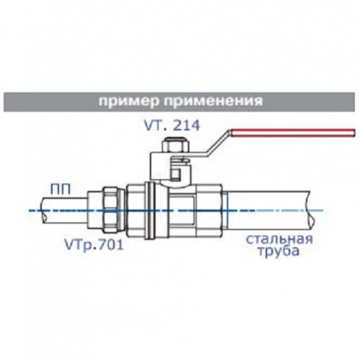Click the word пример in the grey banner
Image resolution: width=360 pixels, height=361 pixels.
(129, 102)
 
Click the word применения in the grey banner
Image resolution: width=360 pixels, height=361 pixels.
(214, 101)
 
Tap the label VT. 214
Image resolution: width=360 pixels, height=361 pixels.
(172, 126)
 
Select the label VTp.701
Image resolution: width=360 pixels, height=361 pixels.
(94, 245)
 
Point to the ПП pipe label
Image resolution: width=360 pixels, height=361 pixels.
(61, 189)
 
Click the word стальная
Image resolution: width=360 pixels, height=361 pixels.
(279, 240)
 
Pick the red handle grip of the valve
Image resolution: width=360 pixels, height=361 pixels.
(293, 133)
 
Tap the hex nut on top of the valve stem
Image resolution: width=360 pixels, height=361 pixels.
(175, 146)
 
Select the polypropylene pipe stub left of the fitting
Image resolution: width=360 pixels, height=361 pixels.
(63, 211)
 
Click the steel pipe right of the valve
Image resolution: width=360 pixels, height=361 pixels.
(268, 211)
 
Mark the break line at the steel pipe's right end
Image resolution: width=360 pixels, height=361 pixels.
(312, 211)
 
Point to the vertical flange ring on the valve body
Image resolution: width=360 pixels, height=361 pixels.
(150, 211)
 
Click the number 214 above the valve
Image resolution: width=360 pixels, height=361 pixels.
(187, 126)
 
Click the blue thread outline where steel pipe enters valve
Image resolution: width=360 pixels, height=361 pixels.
(224, 211)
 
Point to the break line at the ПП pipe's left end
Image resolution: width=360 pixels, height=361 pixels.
(43, 211)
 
